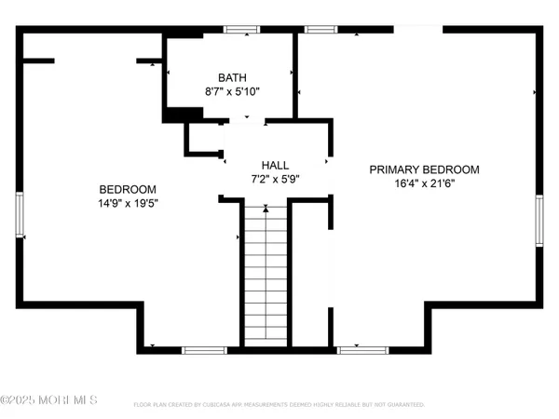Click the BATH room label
click(x=232, y=77)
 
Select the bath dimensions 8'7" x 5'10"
click(x=232, y=92)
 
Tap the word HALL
click(x=275, y=162)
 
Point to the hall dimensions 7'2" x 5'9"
click(x=275, y=177)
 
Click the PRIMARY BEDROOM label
click(x=424, y=169)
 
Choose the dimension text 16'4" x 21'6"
click(x=424, y=184)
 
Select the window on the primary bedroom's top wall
click(x=320, y=30)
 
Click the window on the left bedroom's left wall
click(x=20, y=214)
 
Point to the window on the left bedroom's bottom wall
click(x=203, y=350)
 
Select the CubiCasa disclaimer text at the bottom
click(x=279, y=405)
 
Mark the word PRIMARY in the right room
click(x=394, y=169)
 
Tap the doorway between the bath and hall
click(x=246, y=119)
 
